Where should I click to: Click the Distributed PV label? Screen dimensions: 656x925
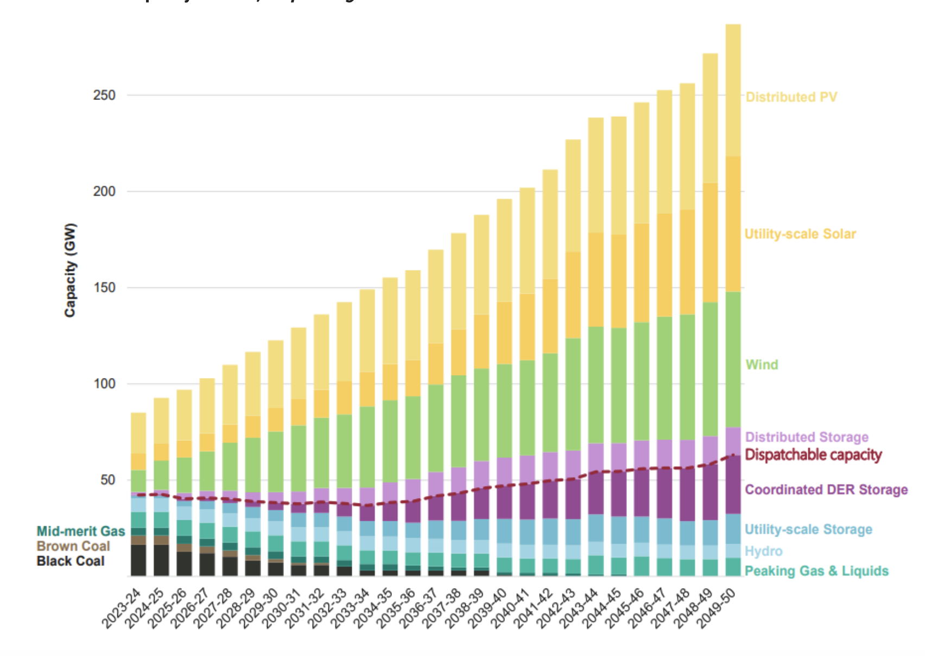[791, 97]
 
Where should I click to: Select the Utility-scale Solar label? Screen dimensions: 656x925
[800, 234]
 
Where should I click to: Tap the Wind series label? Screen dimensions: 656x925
[762, 364]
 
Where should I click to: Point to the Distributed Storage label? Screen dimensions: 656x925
[807, 437]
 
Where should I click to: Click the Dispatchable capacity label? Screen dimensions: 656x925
[813, 455]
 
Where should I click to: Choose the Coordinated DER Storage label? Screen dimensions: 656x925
[826, 490]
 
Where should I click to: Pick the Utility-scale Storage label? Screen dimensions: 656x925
[808, 529]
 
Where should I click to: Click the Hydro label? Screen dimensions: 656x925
[763, 551]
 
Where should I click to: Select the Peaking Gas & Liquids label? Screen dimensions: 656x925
[816, 571]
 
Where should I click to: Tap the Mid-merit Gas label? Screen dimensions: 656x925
[81, 531]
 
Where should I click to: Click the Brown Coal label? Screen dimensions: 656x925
[73, 546]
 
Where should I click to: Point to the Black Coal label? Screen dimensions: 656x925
[71, 561]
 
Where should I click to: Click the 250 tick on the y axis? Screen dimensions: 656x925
[104, 96]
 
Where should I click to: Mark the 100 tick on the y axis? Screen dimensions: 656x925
[104, 384]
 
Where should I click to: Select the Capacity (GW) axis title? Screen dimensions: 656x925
[70, 270]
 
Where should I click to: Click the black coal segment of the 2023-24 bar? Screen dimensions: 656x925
[138, 560]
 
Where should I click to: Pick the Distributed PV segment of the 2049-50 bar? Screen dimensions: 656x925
[733, 90]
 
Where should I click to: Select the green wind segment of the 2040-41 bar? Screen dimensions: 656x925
[527, 407]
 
